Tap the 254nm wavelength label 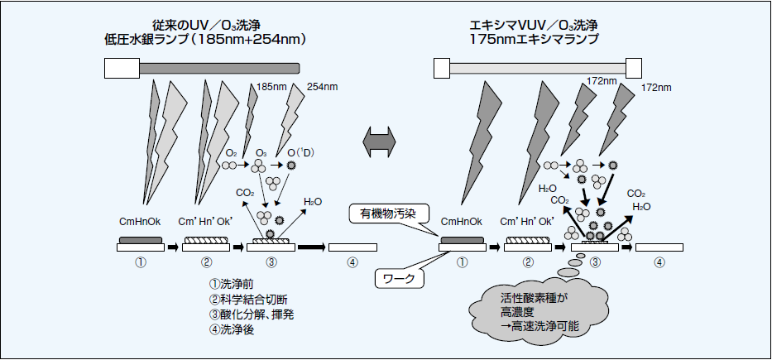click(x=323, y=86)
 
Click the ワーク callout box click(x=399, y=278)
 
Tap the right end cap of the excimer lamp click(x=634, y=66)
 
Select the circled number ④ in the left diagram click(x=353, y=263)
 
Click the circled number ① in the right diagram click(x=463, y=263)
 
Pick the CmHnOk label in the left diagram click(x=141, y=222)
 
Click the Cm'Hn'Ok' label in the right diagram click(x=528, y=222)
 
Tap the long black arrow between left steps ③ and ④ click(x=312, y=247)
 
